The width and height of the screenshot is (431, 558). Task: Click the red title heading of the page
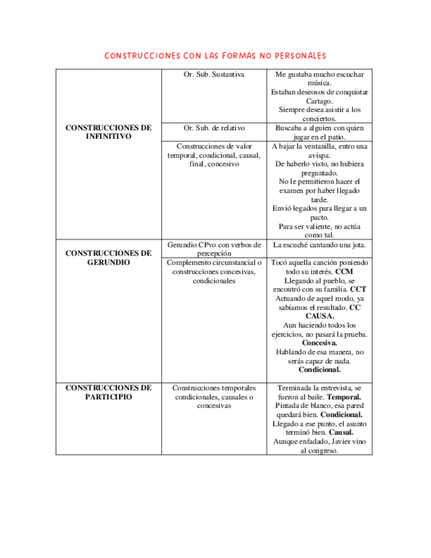click(x=215, y=55)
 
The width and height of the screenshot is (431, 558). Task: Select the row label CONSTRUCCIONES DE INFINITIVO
click(x=109, y=132)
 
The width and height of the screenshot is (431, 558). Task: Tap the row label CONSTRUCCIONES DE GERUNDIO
click(x=109, y=257)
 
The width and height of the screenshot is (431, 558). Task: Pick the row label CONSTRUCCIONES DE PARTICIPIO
click(x=109, y=392)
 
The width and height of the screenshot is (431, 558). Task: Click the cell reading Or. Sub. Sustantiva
click(x=214, y=75)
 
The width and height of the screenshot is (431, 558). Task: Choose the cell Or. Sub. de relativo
click(x=214, y=128)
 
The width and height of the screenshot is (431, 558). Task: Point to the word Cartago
click(x=319, y=101)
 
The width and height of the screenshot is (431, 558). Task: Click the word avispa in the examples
click(x=319, y=155)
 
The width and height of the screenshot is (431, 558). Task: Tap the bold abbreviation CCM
click(x=344, y=271)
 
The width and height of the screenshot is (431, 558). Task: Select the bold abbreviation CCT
click(x=358, y=289)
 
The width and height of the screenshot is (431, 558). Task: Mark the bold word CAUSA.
click(x=319, y=316)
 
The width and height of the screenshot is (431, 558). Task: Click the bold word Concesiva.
click(x=319, y=343)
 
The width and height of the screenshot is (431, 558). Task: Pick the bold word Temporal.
click(x=344, y=397)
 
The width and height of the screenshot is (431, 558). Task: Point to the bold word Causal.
click(x=341, y=433)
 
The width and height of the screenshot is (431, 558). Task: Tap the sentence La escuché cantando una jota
click(x=319, y=245)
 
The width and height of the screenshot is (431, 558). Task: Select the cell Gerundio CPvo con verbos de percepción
click(x=214, y=249)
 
